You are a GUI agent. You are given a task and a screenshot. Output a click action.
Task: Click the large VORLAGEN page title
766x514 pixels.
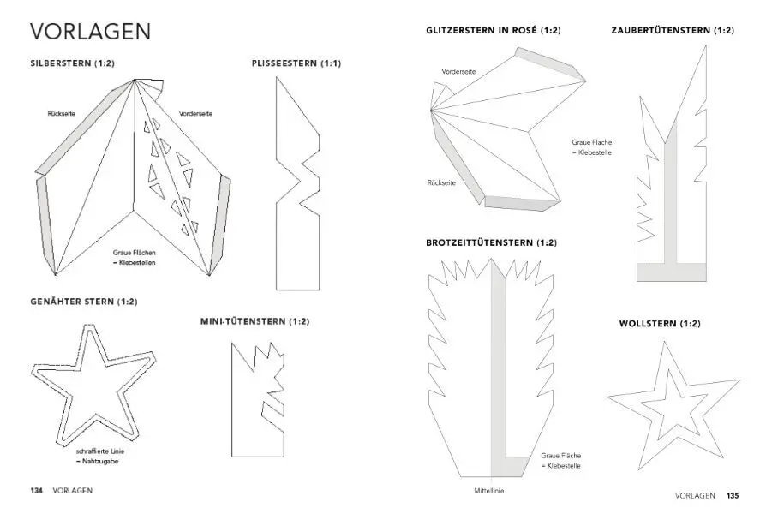[91, 32]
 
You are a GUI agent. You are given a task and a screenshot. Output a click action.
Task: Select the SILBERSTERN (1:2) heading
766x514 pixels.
[72, 63]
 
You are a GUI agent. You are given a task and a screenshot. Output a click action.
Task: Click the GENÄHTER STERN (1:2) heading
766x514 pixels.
[84, 302]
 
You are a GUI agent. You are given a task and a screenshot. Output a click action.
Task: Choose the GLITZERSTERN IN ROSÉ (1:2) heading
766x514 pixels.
[493, 31]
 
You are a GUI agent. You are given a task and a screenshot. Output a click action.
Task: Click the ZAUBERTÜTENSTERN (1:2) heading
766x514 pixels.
[673, 31]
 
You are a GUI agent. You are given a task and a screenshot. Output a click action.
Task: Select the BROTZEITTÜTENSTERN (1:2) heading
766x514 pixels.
[491, 242]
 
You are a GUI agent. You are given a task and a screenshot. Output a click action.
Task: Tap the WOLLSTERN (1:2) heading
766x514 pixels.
[660, 323]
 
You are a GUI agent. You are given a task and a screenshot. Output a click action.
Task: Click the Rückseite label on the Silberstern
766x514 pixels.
[63, 113]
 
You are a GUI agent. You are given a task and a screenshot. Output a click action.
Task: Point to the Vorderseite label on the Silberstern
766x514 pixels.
[196, 113]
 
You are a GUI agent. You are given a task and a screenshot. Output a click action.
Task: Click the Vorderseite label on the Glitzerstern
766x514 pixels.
[458, 71]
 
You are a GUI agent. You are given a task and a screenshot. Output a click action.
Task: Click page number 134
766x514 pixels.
[37, 491]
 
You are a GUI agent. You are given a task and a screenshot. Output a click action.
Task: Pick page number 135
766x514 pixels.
[733, 495]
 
